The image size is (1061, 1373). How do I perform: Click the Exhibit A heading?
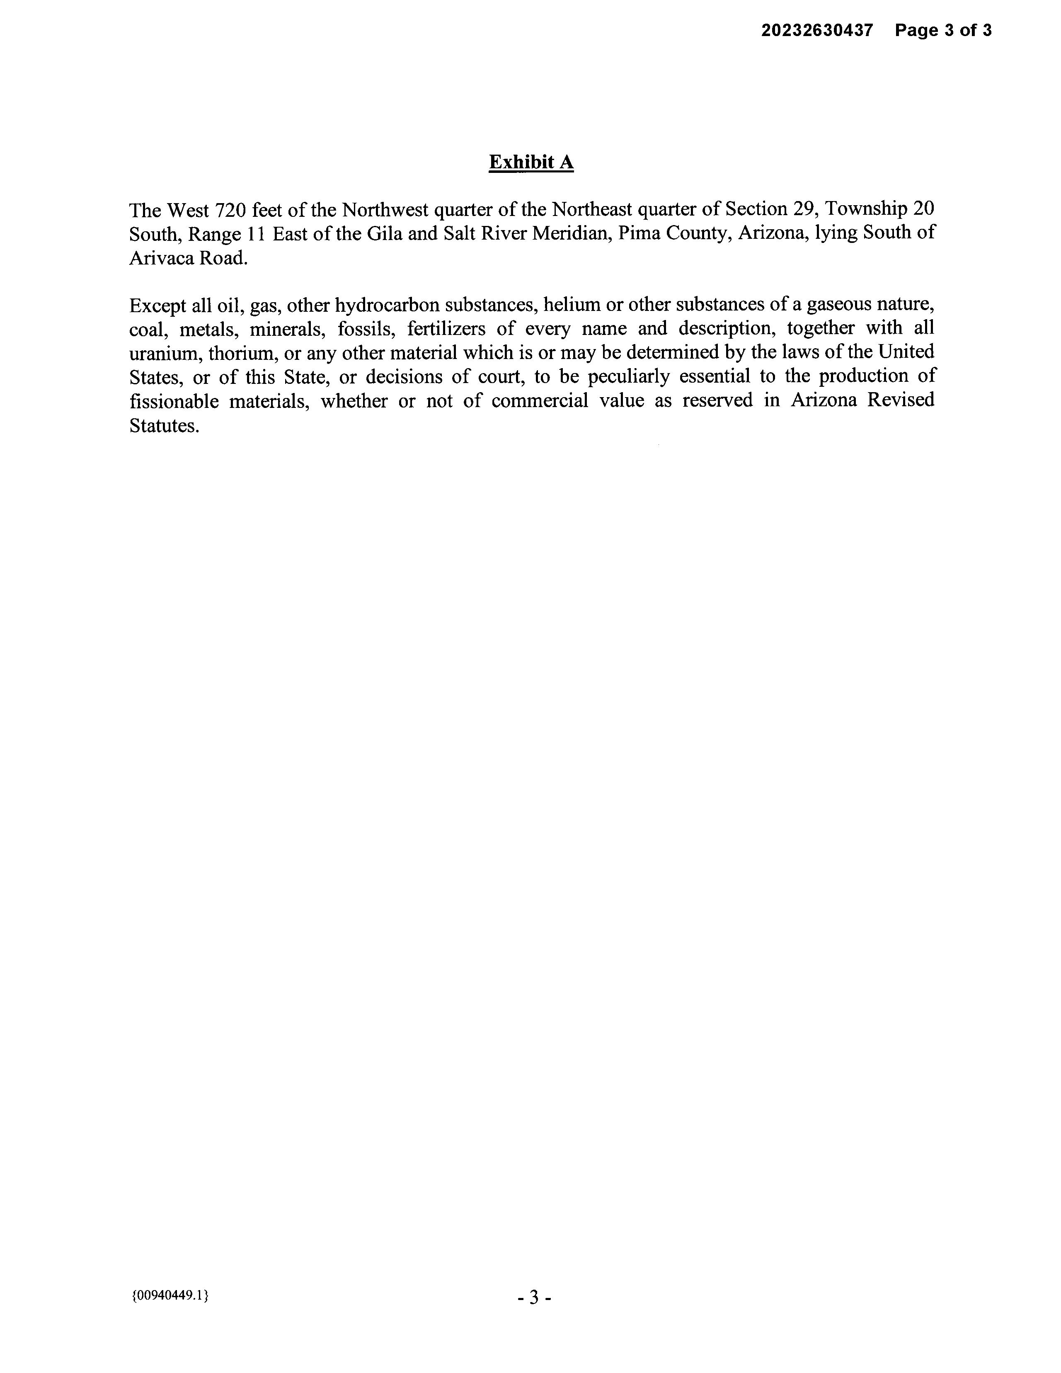tap(531, 162)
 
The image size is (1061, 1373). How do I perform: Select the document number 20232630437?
tap(817, 30)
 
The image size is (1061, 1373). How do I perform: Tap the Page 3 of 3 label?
tap(943, 30)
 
